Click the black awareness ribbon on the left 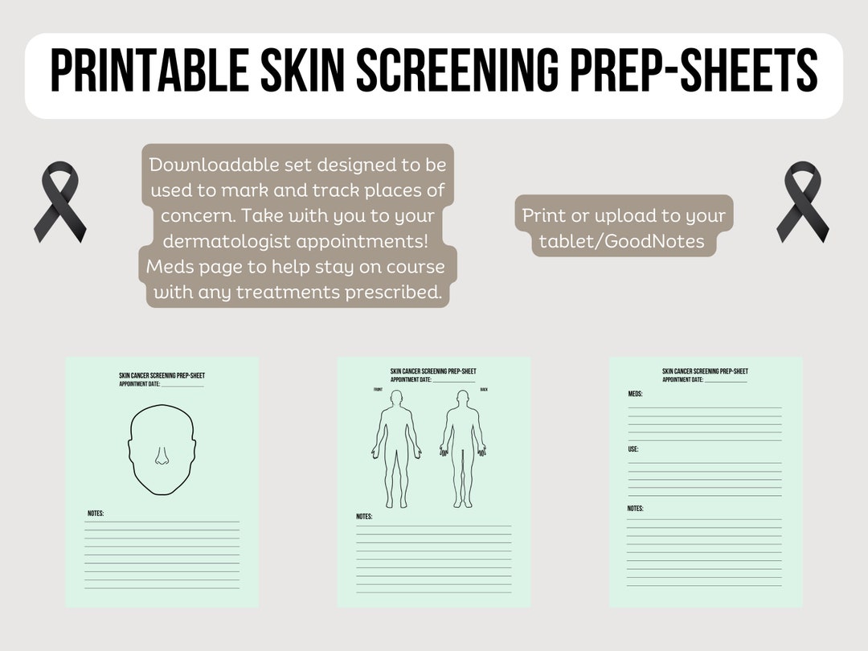[59, 202]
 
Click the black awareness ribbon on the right [802, 202]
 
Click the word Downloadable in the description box [211, 165]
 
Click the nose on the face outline [162, 457]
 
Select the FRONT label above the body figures [379, 390]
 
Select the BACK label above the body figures [484, 390]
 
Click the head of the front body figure [395, 399]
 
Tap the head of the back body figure [462, 399]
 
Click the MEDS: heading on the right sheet [635, 394]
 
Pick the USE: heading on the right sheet [633, 449]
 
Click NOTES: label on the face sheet [96, 514]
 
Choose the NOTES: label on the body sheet [364, 517]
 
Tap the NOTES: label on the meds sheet [635, 509]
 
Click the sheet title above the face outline [162, 375]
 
